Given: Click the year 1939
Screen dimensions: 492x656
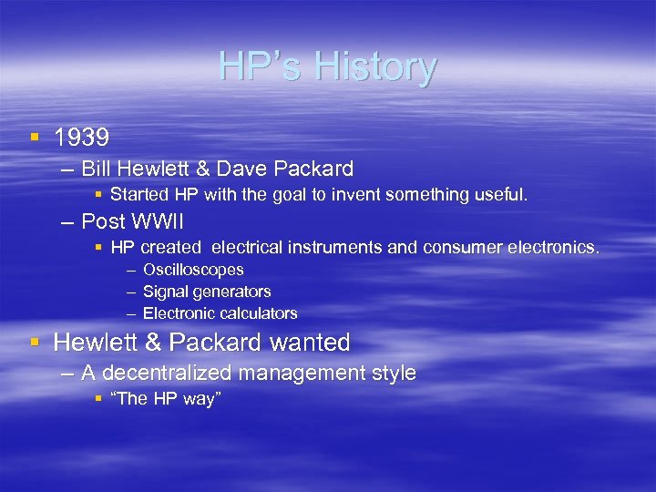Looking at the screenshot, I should coord(81,138).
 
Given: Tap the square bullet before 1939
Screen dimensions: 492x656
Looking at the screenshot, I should coord(35,138).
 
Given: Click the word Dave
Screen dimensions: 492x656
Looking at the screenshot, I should coord(244,169).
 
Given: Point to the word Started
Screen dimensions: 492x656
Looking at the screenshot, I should coord(139,195).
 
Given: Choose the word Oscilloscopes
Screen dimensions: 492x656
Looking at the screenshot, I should coord(193,270).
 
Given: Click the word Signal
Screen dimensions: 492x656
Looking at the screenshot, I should coord(164,292).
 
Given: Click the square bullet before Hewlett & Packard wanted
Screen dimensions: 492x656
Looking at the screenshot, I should coord(35,343).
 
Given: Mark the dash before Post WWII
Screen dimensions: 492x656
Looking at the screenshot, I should coord(67,221).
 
